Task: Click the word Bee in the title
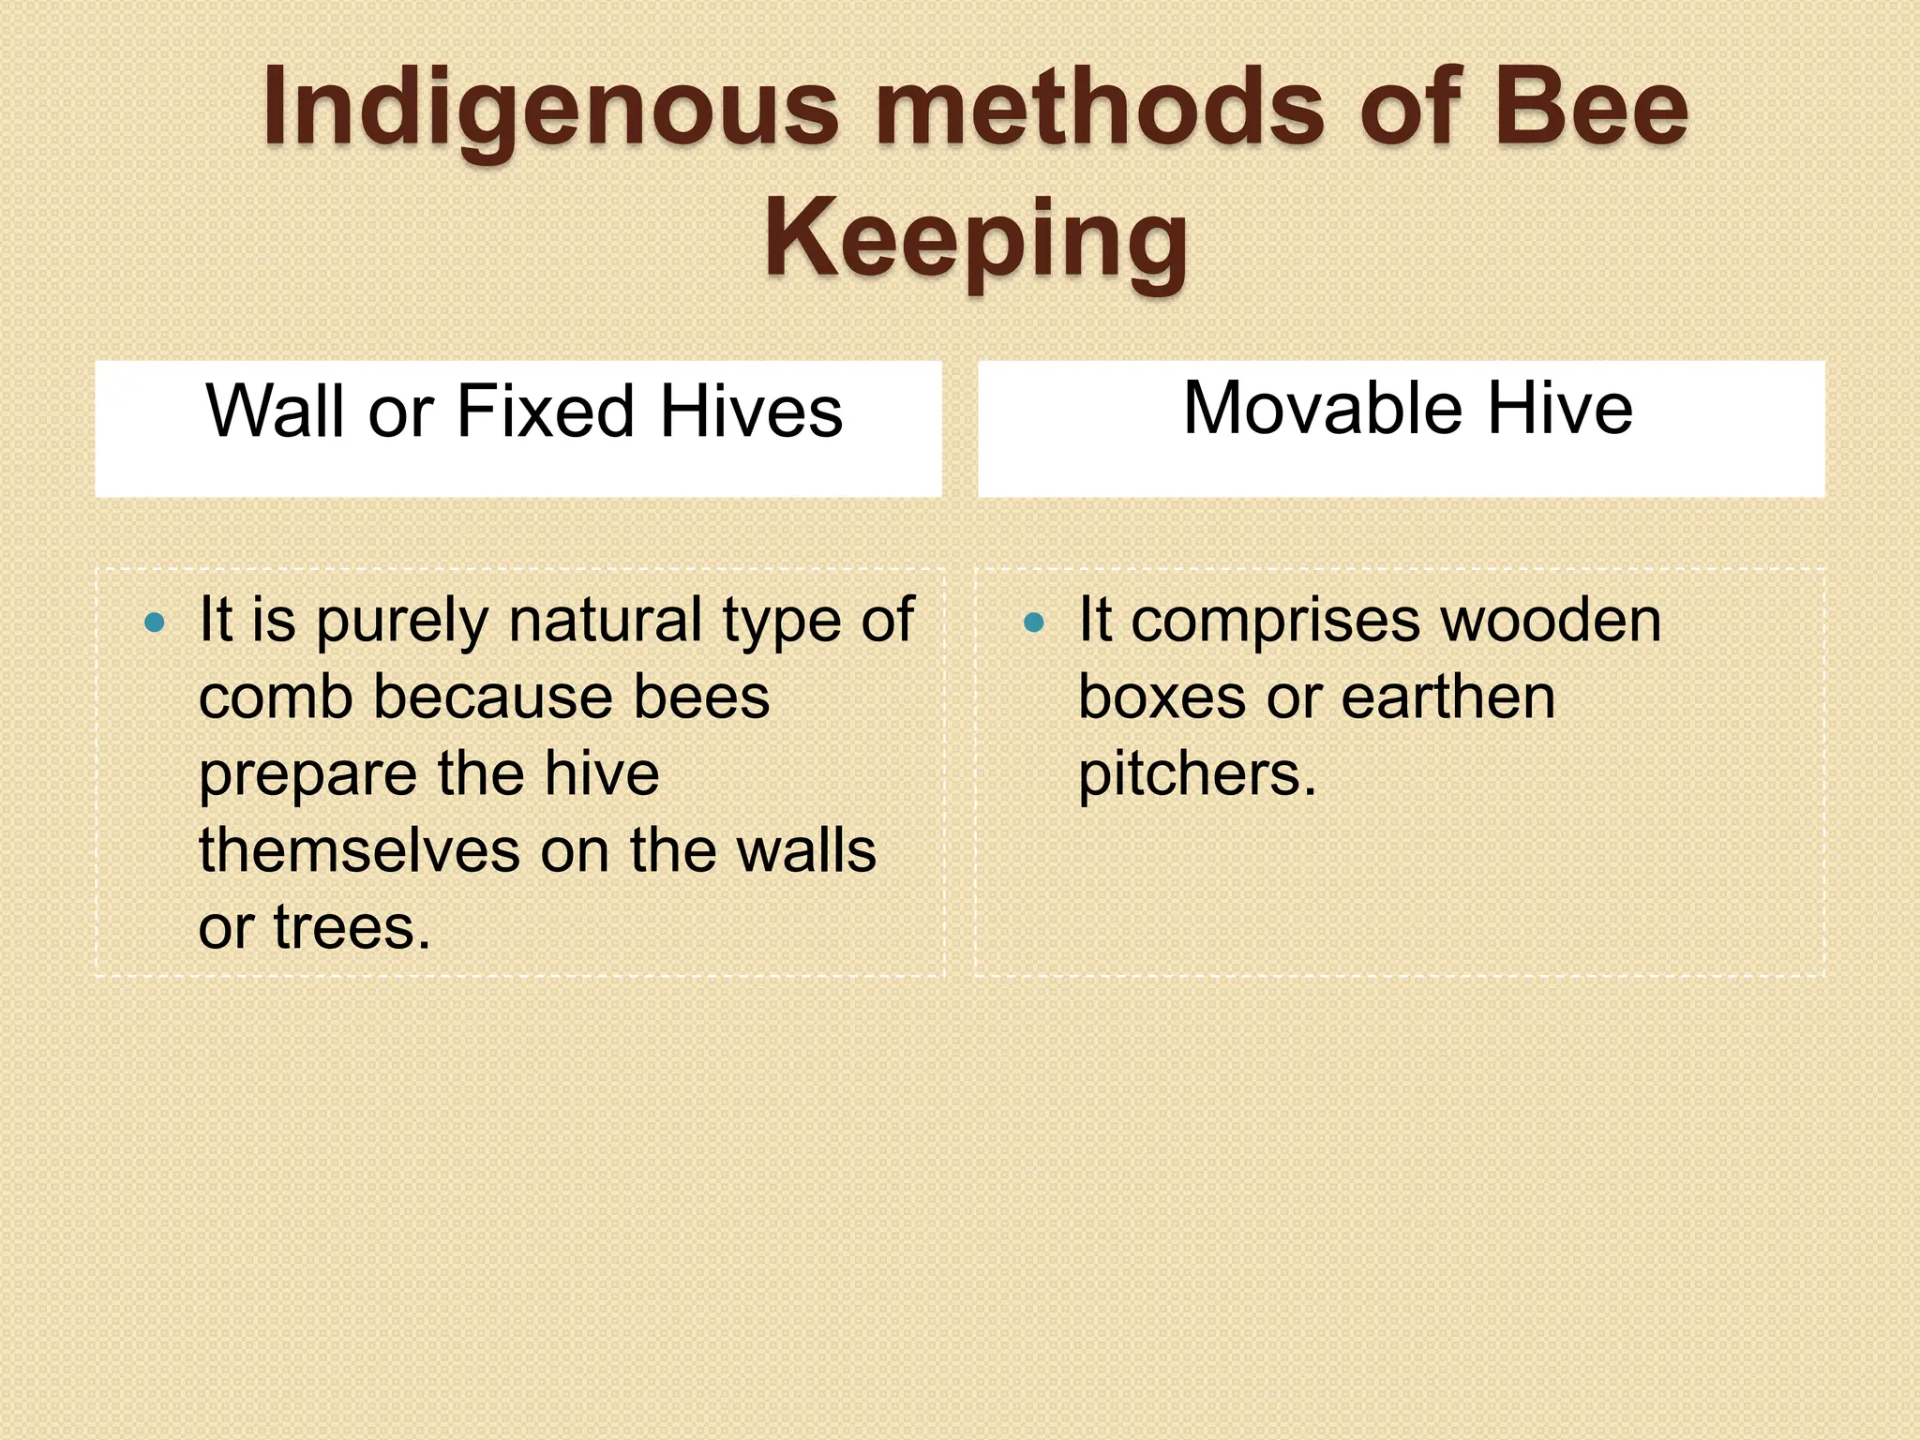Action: [1592, 108]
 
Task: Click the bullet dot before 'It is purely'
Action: [156, 622]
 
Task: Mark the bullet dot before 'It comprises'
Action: [1034, 622]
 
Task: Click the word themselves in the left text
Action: [359, 851]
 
